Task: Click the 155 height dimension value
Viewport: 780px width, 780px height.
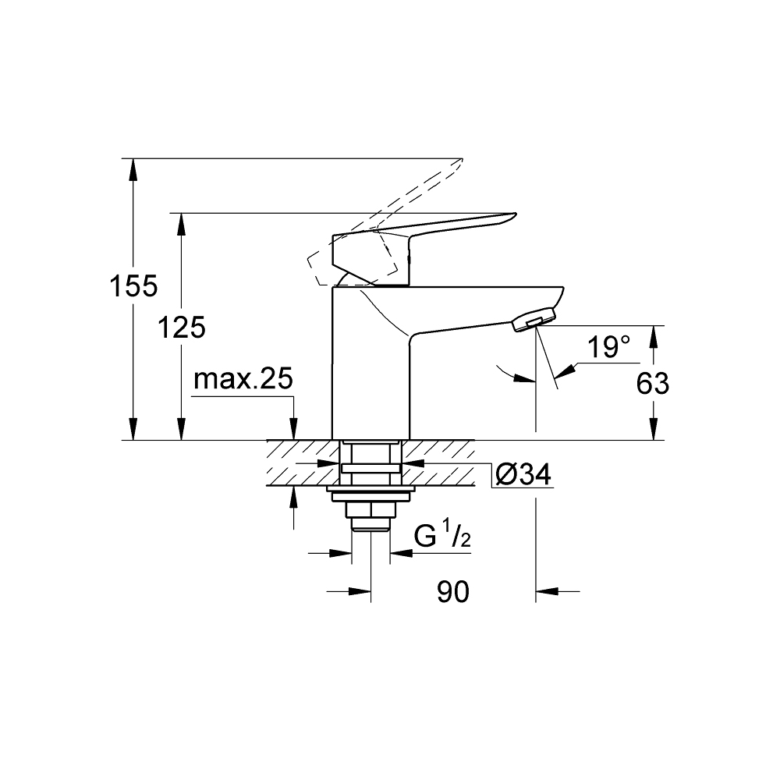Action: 133,286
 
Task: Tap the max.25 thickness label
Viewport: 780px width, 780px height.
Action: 243,380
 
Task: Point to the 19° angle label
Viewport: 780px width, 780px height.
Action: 608,348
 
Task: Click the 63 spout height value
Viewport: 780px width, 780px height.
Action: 653,383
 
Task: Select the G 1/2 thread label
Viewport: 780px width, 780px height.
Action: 441,537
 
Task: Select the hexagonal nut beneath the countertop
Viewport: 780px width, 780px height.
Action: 370,511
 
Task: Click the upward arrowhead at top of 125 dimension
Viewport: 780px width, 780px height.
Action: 181,222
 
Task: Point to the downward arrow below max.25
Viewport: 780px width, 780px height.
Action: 293,429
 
